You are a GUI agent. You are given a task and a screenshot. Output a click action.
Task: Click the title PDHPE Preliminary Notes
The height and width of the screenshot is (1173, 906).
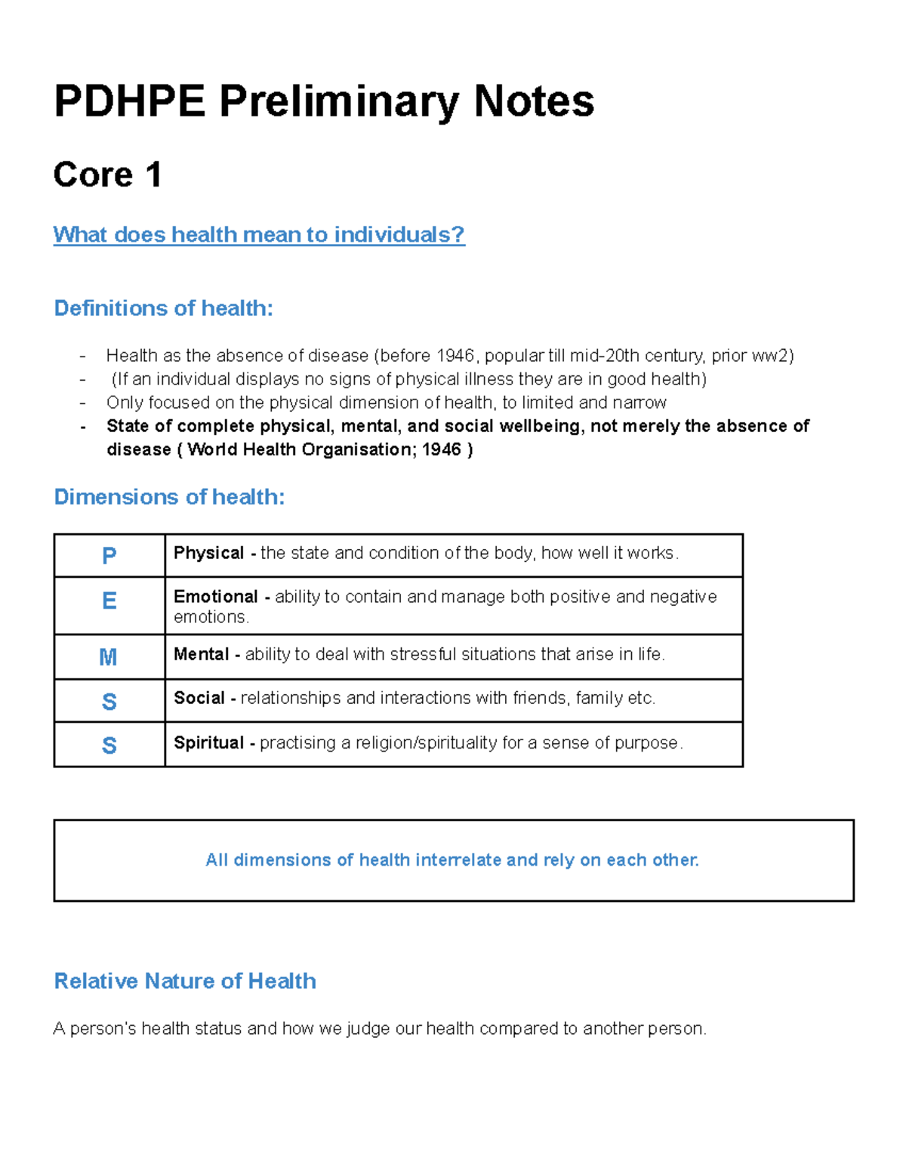click(324, 101)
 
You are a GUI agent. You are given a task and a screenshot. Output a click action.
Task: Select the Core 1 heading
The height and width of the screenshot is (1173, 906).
click(107, 175)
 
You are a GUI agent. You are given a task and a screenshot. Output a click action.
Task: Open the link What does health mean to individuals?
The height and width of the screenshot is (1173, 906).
click(259, 235)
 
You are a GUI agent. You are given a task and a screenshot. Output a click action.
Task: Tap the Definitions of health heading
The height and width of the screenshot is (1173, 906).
click(163, 308)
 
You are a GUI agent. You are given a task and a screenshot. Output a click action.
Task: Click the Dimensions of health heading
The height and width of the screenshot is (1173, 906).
click(169, 497)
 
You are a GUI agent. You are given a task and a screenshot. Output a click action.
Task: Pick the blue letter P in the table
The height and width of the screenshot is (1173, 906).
click(109, 556)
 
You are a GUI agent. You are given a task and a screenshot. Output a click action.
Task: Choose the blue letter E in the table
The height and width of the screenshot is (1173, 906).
click(109, 601)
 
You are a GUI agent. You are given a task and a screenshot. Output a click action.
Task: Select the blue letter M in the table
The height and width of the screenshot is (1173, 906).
click(109, 657)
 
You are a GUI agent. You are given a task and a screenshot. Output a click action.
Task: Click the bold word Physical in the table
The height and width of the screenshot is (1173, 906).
click(208, 553)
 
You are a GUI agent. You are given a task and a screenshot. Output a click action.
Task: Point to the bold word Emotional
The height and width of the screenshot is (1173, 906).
click(216, 597)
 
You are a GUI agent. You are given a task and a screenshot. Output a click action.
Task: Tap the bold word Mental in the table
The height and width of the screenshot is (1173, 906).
click(201, 654)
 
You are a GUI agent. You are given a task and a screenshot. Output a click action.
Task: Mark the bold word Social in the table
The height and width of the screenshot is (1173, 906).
click(199, 698)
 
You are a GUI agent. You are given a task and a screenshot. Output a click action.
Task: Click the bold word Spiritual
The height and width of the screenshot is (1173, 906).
click(208, 742)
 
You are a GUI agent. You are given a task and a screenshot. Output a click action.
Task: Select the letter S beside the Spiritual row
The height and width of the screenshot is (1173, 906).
click(109, 745)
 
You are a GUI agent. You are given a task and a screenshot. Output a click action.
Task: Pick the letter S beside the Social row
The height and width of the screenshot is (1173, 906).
click(109, 702)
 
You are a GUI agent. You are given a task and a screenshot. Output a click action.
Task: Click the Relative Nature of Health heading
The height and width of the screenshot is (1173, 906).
click(185, 981)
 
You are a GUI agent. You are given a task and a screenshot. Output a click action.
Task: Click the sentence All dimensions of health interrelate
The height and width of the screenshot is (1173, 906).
click(452, 860)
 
